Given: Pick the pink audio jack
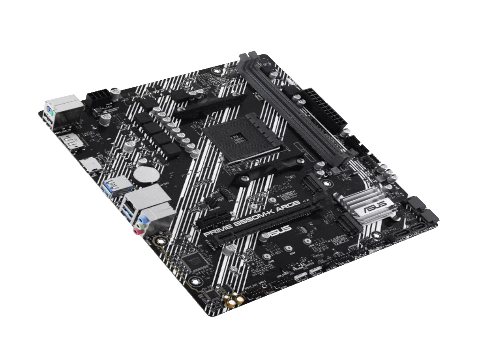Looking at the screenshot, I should click(137, 230).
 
